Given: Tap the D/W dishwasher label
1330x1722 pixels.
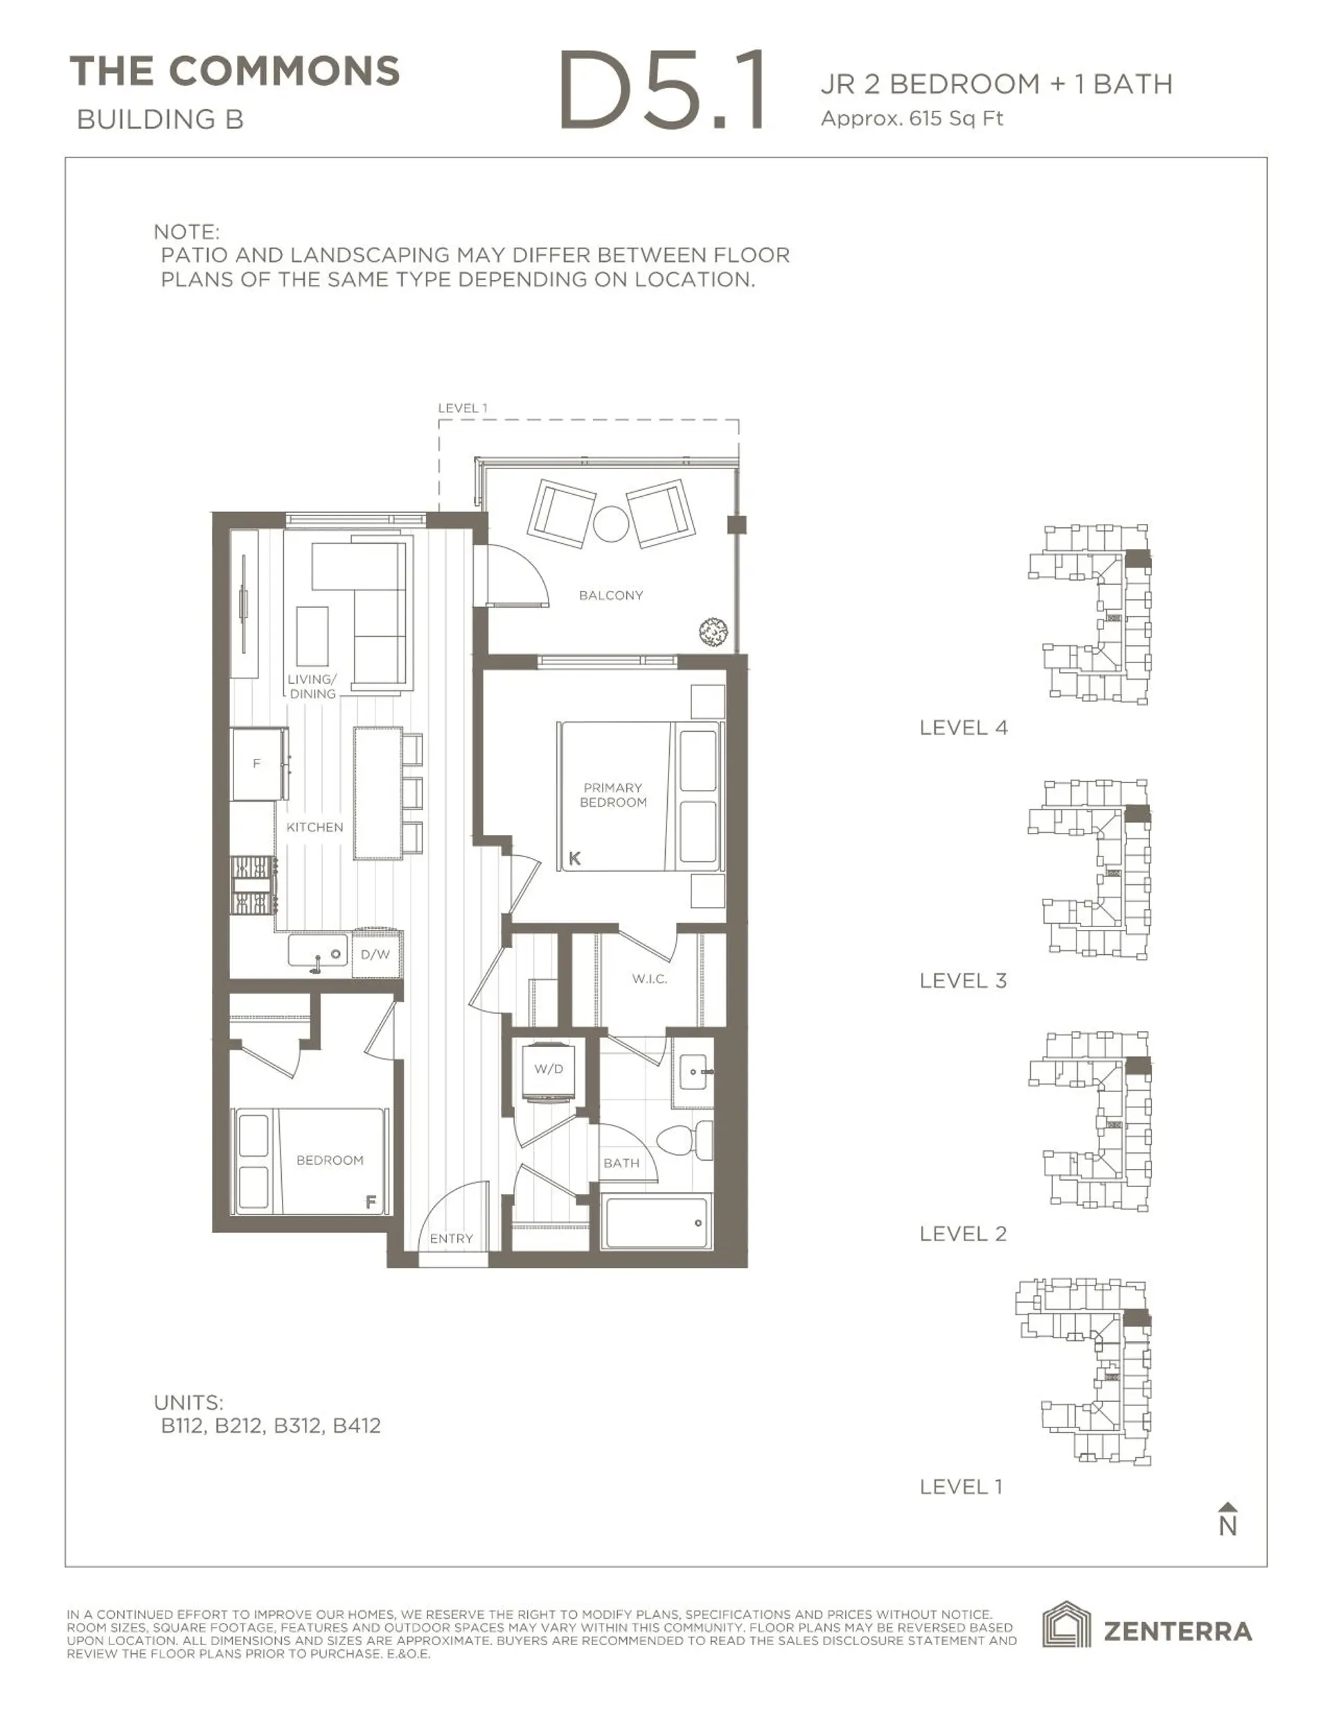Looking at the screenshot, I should point(375,954).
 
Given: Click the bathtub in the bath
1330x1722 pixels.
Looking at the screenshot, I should point(656,1223).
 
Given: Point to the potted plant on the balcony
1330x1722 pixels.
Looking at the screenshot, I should point(713,631).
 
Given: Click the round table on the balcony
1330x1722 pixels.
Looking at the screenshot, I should point(611,524).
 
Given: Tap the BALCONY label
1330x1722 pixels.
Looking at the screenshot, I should point(611,595).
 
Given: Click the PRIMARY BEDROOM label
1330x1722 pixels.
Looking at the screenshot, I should point(612,795).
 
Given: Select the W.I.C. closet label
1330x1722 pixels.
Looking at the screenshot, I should point(650,978).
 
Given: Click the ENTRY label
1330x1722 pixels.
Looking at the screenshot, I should point(451,1239).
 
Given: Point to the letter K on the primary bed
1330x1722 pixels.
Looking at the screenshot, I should point(575,859).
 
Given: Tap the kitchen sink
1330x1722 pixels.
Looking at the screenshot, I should point(317,952).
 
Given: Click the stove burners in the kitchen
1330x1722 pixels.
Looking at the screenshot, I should point(252,886).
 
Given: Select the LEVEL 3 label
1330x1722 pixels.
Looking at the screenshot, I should point(963,980).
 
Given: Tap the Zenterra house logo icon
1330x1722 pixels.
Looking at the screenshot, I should point(1066,1625).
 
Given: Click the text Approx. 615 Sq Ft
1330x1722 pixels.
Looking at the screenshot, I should point(912,119).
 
